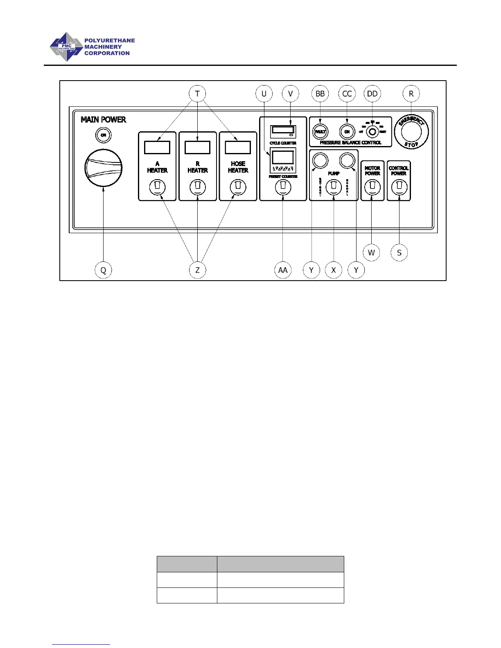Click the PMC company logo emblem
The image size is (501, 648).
[x=66, y=47]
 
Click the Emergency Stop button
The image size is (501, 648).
[x=411, y=132]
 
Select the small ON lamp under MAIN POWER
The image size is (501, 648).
[x=104, y=135]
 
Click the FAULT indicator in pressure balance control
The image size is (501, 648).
[x=320, y=132]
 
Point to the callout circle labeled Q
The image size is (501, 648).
[x=103, y=270]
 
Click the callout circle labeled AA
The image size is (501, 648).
[x=282, y=270]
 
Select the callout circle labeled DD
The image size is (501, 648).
[x=372, y=94]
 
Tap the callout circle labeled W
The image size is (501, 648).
[x=371, y=252]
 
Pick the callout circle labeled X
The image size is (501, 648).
[x=334, y=270]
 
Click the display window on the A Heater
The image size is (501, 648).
[x=157, y=147]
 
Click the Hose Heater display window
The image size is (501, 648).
[x=238, y=147]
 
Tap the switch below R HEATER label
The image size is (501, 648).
[x=198, y=187]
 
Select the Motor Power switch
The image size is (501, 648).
[x=372, y=187]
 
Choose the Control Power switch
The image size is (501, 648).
[x=399, y=187]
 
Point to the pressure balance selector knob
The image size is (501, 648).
[x=372, y=132]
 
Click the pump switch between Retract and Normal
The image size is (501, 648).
[x=334, y=187]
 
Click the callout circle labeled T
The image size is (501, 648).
[x=197, y=94]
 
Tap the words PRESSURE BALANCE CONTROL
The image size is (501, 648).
[x=350, y=143]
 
